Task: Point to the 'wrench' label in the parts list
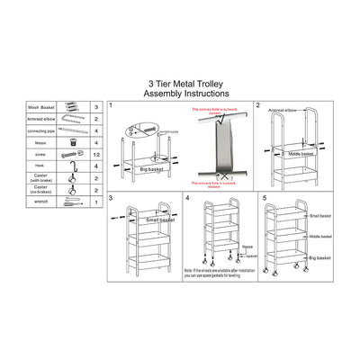point(39,203)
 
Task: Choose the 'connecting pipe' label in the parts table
point(41,130)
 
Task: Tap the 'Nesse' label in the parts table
point(39,142)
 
